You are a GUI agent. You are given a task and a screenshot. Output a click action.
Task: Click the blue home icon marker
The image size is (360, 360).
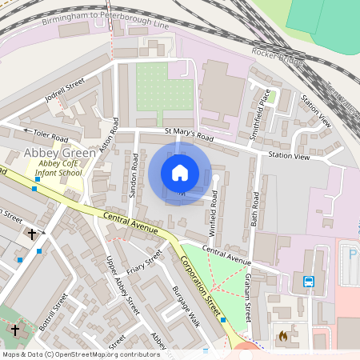click(x=180, y=173)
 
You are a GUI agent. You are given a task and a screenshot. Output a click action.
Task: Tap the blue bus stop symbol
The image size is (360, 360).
click(x=310, y=281)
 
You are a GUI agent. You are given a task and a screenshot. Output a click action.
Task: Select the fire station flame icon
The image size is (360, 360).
click(x=283, y=337)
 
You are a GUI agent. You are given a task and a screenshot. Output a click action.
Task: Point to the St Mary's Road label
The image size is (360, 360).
click(x=189, y=137)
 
